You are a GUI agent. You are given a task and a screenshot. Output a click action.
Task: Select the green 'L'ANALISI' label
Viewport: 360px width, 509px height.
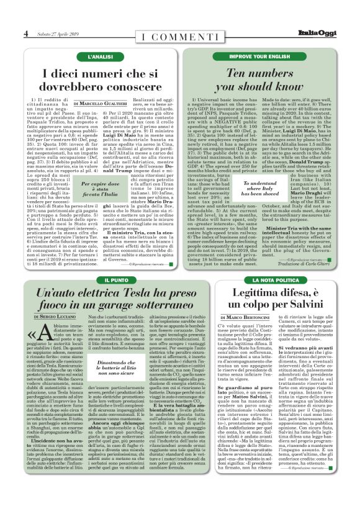pos(100,56)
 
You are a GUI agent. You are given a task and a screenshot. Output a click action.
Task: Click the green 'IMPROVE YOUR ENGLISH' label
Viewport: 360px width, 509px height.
pos(259,56)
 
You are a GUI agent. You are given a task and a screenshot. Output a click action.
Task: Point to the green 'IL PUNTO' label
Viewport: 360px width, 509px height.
pos(100,281)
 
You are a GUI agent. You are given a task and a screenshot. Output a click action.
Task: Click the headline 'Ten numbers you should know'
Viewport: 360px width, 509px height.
pos(259,81)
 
